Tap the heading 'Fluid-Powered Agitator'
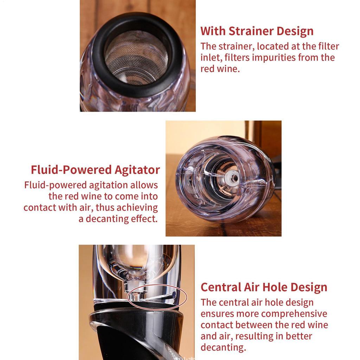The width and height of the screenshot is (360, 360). click(x=95, y=170)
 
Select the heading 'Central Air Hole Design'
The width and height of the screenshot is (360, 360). click(x=264, y=287)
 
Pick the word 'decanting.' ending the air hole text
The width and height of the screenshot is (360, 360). click(x=223, y=347)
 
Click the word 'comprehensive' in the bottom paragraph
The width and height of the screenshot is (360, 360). click(x=294, y=314)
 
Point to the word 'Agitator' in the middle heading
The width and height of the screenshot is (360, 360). click(x=137, y=170)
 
